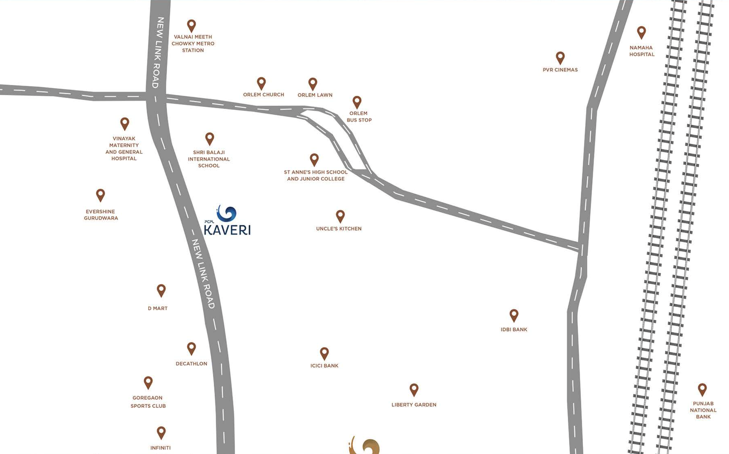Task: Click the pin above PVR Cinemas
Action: point(560,57)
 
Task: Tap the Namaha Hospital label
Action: point(642,51)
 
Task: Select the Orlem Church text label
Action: point(263,95)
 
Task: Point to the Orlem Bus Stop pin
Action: point(357,102)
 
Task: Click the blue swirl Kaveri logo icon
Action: point(227,214)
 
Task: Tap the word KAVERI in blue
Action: point(227,230)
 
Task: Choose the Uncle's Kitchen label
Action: point(339,228)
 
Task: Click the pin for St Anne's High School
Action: point(314,160)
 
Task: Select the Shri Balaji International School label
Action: point(209,159)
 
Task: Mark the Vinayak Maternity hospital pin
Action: point(125,123)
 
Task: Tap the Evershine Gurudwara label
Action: point(101,215)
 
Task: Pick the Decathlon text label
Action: point(192,364)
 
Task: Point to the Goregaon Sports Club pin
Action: point(148,382)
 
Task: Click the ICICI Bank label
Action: point(324,366)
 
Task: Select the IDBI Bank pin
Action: point(514,315)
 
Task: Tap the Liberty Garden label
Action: point(414,405)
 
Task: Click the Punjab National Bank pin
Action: point(702,389)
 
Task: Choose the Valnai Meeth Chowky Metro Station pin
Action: point(192,26)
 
